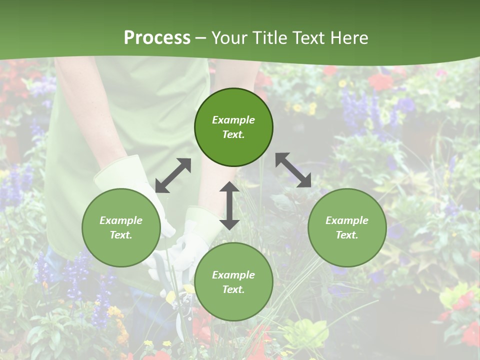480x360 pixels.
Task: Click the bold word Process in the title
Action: (157, 38)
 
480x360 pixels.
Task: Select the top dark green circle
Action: (233, 127)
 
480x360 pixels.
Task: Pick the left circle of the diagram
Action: (121, 228)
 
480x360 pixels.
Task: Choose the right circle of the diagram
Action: (347, 228)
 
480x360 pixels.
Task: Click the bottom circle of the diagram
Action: (233, 282)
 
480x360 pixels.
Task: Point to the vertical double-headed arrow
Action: (229, 205)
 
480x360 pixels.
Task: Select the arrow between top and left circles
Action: (173, 175)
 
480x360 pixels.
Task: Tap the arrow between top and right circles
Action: (293, 170)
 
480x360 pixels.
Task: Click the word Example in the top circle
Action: (233, 120)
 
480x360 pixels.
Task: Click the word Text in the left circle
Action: (121, 235)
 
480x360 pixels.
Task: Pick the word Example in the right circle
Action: (347, 220)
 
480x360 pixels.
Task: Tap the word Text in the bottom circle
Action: (233, 289)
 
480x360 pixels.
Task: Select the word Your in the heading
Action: (228, 38)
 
